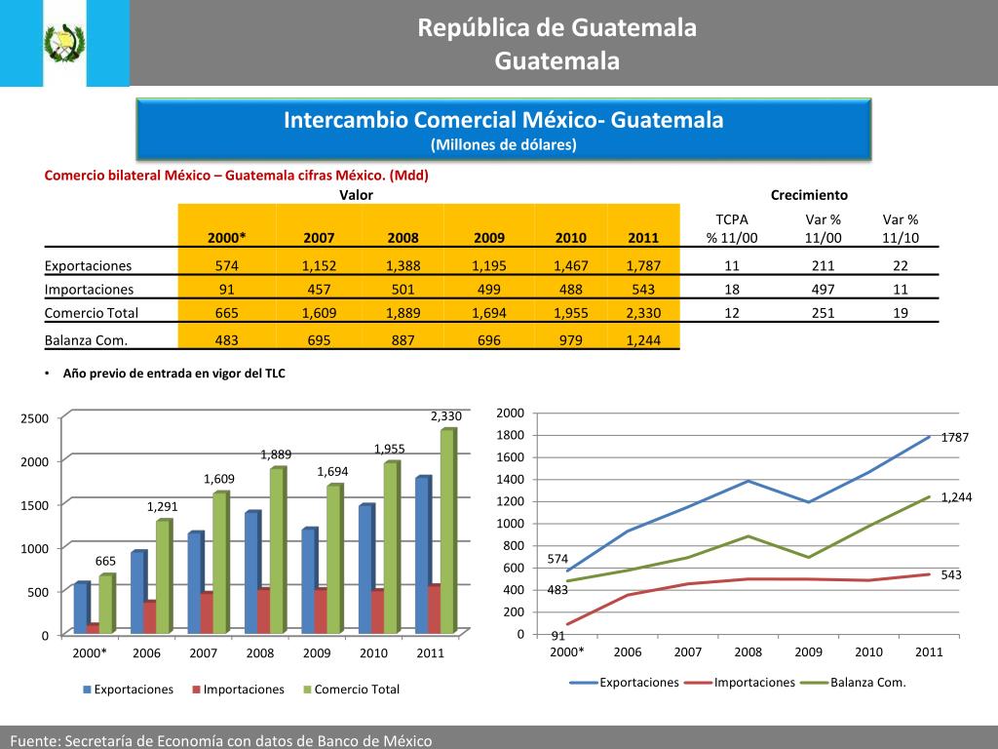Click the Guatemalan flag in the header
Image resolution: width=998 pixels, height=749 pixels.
[x=64, y=44]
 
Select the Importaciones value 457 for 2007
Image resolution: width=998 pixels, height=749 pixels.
[x=319, y=290]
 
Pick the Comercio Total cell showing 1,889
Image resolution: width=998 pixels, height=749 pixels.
[x=403, y=313]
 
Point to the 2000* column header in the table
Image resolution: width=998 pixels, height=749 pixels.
[x=226, y=238]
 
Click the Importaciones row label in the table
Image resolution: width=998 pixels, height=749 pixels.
[x=89, y=290]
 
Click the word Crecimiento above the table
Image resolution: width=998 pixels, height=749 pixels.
[x=809, y=195]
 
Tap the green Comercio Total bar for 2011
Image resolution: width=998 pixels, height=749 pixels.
[x=446, y=532]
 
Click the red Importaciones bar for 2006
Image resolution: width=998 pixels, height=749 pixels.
[x=149, y=616]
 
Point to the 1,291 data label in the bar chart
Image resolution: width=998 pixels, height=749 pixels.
[x=163, y=506]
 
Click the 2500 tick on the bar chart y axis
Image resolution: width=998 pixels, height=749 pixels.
[x=35, y=418]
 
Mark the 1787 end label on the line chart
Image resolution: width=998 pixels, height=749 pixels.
[x=954, y=438]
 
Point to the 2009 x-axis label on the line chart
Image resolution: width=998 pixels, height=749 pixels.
[x=808, y=652]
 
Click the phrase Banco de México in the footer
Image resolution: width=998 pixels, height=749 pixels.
[x=374, y=741]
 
